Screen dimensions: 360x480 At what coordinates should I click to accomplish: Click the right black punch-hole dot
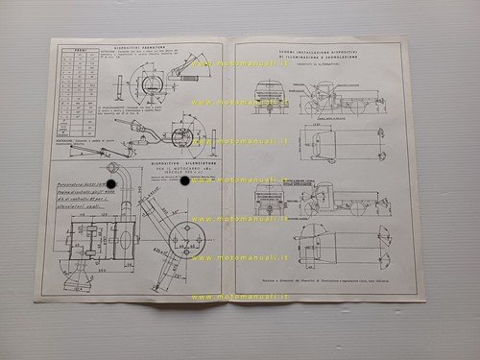184,181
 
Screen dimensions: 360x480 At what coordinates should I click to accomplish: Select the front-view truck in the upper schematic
270,101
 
